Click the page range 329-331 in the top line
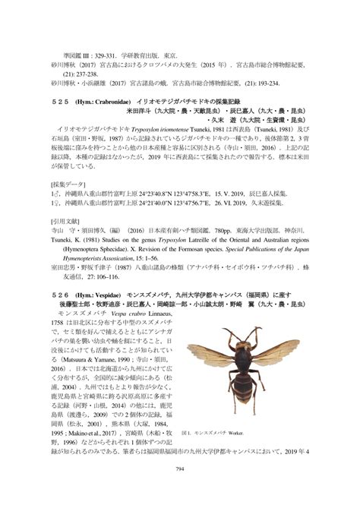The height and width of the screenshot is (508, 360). click(109, 55)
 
